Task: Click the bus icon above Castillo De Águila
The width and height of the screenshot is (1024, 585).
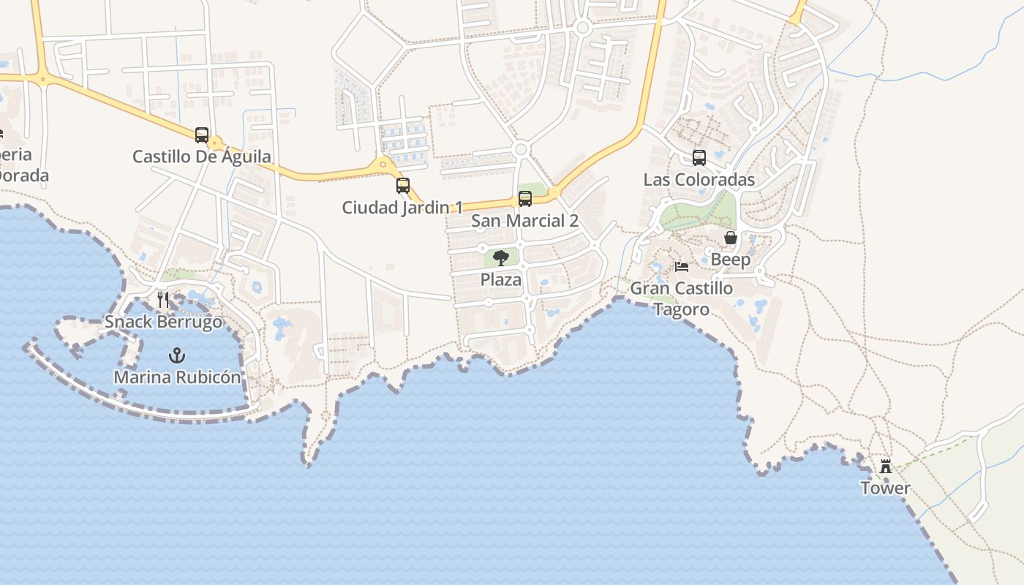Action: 201,135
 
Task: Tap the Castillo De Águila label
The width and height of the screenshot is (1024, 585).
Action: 201,156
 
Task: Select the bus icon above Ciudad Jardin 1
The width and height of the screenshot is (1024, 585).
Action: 403,186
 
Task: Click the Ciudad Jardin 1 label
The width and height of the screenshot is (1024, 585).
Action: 402,207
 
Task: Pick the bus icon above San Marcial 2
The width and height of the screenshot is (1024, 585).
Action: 524,199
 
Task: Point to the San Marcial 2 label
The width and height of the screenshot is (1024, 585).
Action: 524,221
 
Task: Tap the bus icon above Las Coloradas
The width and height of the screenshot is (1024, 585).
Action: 699,158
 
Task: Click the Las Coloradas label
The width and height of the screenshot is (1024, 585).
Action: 699,180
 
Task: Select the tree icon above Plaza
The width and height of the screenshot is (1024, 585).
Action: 501,258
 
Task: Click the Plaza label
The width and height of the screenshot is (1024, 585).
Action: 501,279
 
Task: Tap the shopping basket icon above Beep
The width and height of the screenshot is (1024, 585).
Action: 731,238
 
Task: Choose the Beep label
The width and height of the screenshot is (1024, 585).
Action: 731,260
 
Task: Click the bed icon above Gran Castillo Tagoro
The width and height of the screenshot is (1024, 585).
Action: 682,267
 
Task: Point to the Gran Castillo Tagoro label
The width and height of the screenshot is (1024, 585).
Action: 682,298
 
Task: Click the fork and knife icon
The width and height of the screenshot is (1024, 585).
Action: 163,300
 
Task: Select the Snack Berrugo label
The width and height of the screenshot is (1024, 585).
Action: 163,322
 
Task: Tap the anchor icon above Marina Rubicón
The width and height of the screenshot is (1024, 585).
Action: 177,356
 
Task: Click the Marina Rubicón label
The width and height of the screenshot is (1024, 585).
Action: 177,377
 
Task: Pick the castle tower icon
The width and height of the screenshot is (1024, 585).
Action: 886,467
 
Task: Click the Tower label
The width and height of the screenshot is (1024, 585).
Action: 885,488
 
